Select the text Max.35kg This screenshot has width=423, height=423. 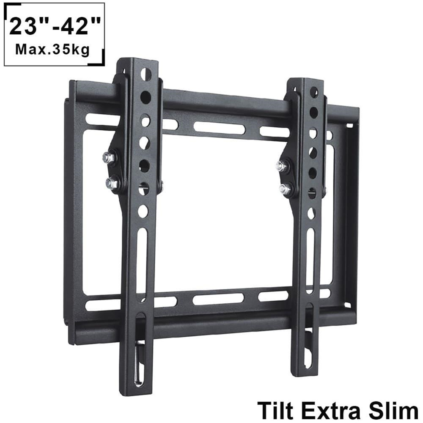pyautogui.click(x=52, y=49)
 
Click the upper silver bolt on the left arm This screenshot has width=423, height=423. pyautogui.click(x=109, y=158)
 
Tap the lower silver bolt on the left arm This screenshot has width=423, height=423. pyautogui.click(x=112, y=184)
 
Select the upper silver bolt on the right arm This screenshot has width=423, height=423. pyautogui.click(x=281, y=166)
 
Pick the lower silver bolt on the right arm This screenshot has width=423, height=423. pyautogui.click(x=285, y=189)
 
